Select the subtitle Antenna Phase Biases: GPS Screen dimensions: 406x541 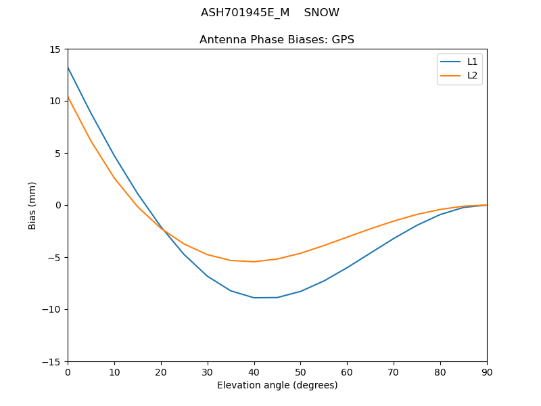click(x=277, y=40)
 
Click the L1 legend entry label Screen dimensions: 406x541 click(x=472, y=62)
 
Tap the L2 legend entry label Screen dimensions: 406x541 click(x=472, y=75)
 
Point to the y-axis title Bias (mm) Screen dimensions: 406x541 click(x=32, y=205)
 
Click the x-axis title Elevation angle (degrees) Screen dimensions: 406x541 click(x=277, y=386)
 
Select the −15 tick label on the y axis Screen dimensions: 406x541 click(x=52, y=362)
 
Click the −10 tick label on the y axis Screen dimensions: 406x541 click(x=52, y=310)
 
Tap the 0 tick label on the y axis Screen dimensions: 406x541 click(x=59, y=206)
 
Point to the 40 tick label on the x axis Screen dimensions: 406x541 click(x=254, y=372)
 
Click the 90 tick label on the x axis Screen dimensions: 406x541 click(x=486, y=372)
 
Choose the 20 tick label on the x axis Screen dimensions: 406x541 click(x=161, y=372)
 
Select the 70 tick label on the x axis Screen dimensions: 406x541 click(x=394, y=372)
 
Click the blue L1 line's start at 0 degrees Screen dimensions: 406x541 click(x=68, y=68)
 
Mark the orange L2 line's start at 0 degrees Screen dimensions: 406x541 click(x=68, y=97)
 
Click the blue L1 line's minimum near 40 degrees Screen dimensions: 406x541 click(x=254, y=298)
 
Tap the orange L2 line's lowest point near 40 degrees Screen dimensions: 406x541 click(x=254, y=261)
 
